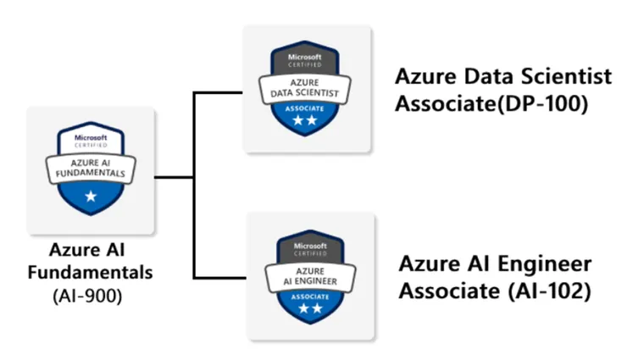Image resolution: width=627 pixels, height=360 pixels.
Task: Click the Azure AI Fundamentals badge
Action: pyautogui.click(x=91, y=169)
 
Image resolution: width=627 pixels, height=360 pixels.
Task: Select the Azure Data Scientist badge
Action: pyautogui.click(x=308, y=89)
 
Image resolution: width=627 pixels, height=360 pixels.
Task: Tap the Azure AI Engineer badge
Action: pyautogui.click(x=308, y=274)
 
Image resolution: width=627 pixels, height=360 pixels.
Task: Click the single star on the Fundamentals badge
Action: pyautogui.click(x=91, y=197)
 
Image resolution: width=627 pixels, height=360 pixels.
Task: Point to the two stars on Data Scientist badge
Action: pyautogui.click(x=308, y=124)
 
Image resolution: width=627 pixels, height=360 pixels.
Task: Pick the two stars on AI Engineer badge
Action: pyautogui.click(x=308, y=310)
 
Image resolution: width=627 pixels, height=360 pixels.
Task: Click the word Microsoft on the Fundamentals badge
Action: pyautogui.click(x=91, y=136)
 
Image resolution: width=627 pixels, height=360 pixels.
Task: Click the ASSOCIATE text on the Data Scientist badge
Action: pyautogui.click(x=308, y=108)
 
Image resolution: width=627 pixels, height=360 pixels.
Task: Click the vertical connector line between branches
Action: pyautogui.click(x=195, y=186)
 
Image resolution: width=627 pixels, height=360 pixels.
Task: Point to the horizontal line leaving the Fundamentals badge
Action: pyautogui.click(x=175, y=177)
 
